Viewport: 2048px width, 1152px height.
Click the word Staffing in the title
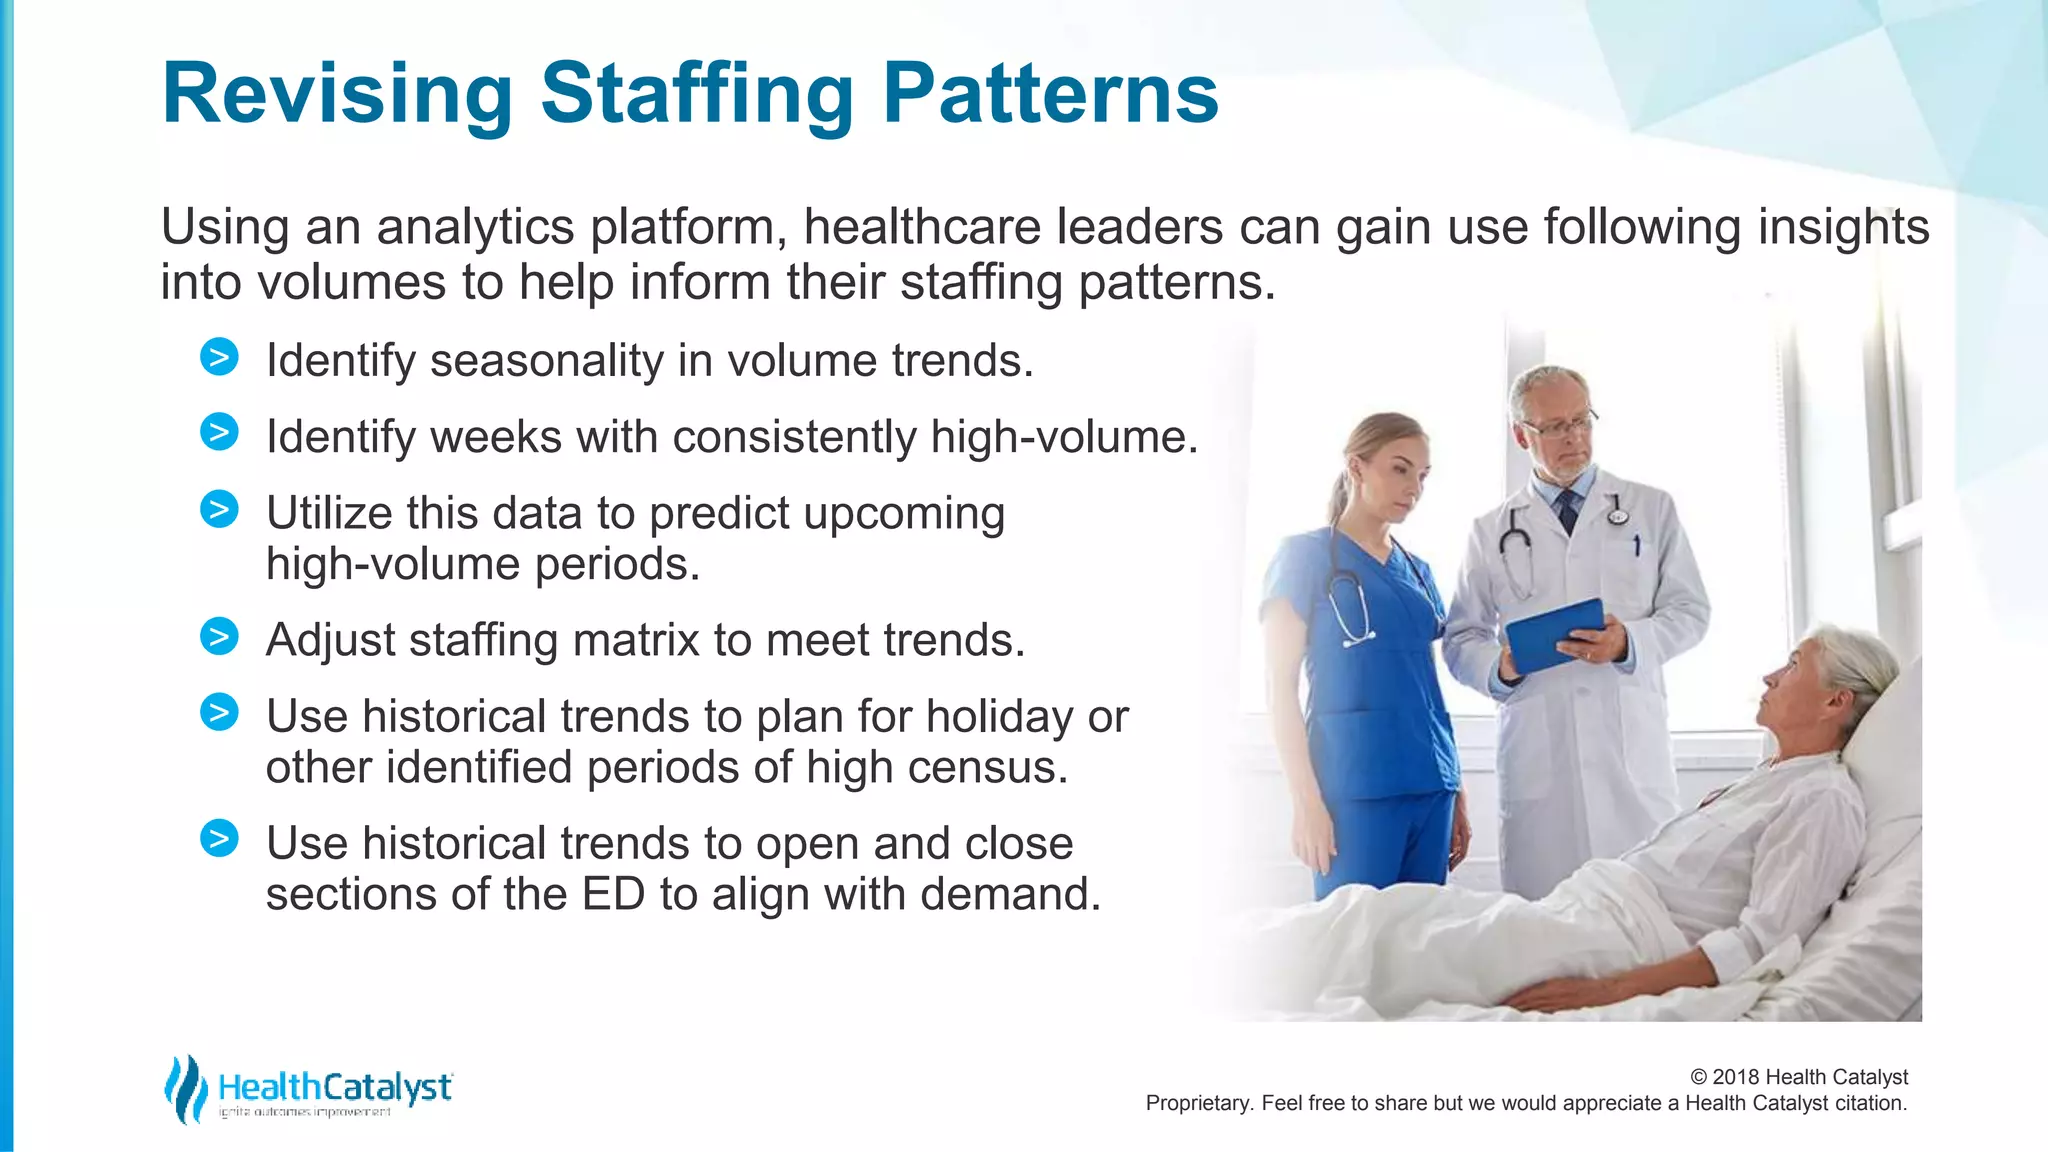(696, 95)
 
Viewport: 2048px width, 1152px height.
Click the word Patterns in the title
(1050, 95)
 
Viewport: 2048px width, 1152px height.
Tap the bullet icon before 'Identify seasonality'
(219, 357)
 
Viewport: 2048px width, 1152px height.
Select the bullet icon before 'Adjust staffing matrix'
(219, 636)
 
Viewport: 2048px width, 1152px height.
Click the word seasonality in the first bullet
(546, 361)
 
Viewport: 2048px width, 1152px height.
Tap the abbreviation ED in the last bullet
(613, 894)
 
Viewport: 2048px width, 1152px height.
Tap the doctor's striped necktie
(1567, 511)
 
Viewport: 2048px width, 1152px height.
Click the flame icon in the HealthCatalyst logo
(184, 1089)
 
